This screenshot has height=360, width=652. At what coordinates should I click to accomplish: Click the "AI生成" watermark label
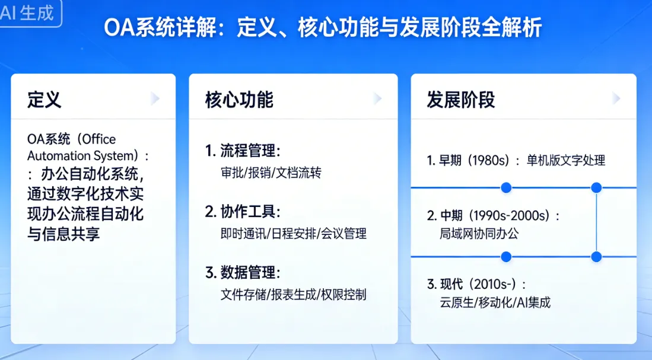(28, 13)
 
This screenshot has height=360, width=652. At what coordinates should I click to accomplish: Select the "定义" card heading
(44, 100)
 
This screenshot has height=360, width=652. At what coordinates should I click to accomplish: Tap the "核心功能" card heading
(239, 100)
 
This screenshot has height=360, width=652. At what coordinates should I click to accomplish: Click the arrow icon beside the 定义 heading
(155, 98)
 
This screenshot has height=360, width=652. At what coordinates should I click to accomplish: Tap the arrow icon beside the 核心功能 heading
(377, 98)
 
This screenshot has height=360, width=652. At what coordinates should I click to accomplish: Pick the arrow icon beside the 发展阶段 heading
(616, 98)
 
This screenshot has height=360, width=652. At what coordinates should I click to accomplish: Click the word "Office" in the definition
(99, 139)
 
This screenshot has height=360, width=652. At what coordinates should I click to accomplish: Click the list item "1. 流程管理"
(243, 151)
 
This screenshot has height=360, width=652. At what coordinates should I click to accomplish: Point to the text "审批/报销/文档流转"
(271, 172)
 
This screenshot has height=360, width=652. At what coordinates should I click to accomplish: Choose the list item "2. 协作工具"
(243, 212)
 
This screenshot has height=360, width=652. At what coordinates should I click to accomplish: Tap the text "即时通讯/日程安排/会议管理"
(293, 234)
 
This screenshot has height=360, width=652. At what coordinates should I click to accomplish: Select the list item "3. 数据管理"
(243, 273)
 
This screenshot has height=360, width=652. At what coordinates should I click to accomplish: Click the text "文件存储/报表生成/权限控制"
(293, 294)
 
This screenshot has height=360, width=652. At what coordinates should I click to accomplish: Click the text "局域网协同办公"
(479, 234)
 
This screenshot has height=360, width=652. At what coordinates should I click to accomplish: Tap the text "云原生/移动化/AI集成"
(495, 302)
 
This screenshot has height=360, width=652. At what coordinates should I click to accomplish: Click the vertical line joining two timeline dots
(596, 222)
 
